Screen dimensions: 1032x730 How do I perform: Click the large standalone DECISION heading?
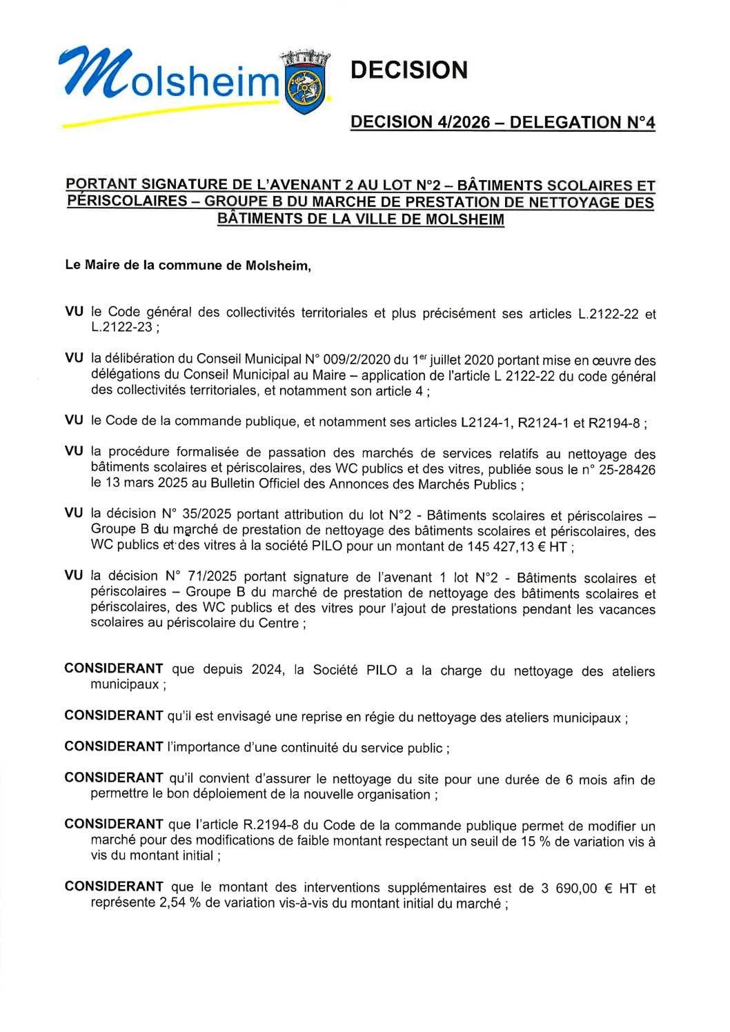[408, 70]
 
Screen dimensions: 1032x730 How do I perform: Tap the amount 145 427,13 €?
[512, 546]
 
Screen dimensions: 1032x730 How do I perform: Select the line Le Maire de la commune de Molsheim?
[188, 266]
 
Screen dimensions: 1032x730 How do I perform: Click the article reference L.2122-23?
[121, 327]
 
